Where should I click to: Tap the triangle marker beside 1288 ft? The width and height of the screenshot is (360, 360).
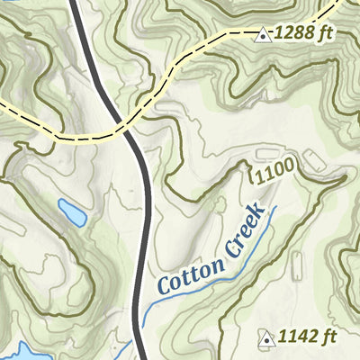[264, 36]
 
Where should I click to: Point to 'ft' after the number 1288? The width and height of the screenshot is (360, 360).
[325, 34]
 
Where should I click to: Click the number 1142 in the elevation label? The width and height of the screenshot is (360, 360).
[297, 337]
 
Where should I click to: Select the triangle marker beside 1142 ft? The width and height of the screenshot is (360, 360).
[266, 338]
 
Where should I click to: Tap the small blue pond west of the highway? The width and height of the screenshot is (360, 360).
[72, 213]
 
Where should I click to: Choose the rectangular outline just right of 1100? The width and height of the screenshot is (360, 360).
[312, 161]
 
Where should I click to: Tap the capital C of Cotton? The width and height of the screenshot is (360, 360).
[165, 285]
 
